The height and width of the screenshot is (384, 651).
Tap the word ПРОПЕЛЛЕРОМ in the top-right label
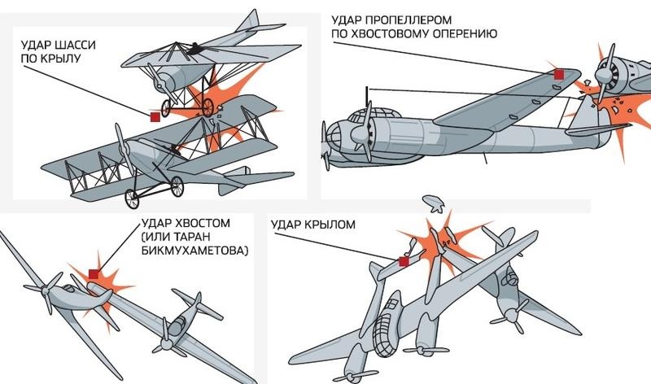coord(409,20)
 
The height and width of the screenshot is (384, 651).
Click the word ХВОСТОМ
coord(203,224)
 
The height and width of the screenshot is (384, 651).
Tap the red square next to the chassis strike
coord(155,117)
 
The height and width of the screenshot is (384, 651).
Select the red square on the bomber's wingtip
coord(559,74)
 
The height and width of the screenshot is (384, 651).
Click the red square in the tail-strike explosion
coord(94,274)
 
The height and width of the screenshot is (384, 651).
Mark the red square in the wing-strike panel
coord(404,261)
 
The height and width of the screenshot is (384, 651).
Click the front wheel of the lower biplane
coord(132,199)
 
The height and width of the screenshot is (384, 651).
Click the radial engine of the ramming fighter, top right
coord(610,76)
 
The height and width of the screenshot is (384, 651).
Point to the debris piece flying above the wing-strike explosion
coord(434,203)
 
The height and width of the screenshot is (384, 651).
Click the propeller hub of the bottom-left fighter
coord(46,291)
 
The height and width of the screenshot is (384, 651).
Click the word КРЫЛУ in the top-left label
coord(63,59)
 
